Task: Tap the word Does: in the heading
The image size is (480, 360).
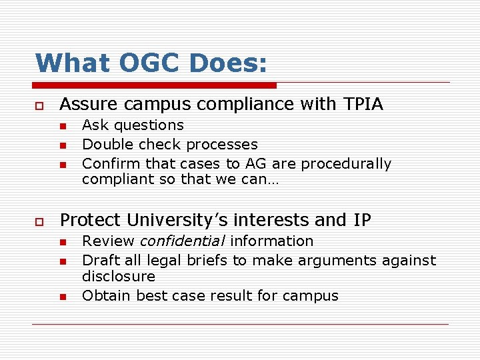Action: pyautogui.click(x=229, y=63)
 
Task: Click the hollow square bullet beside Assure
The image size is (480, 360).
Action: pyautogui.click(x=39, y=105)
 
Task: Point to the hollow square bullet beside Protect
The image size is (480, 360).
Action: pyautogui.click(x=39, y=221)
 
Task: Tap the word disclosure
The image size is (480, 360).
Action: pyautogui.click(x=118, y=276)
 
